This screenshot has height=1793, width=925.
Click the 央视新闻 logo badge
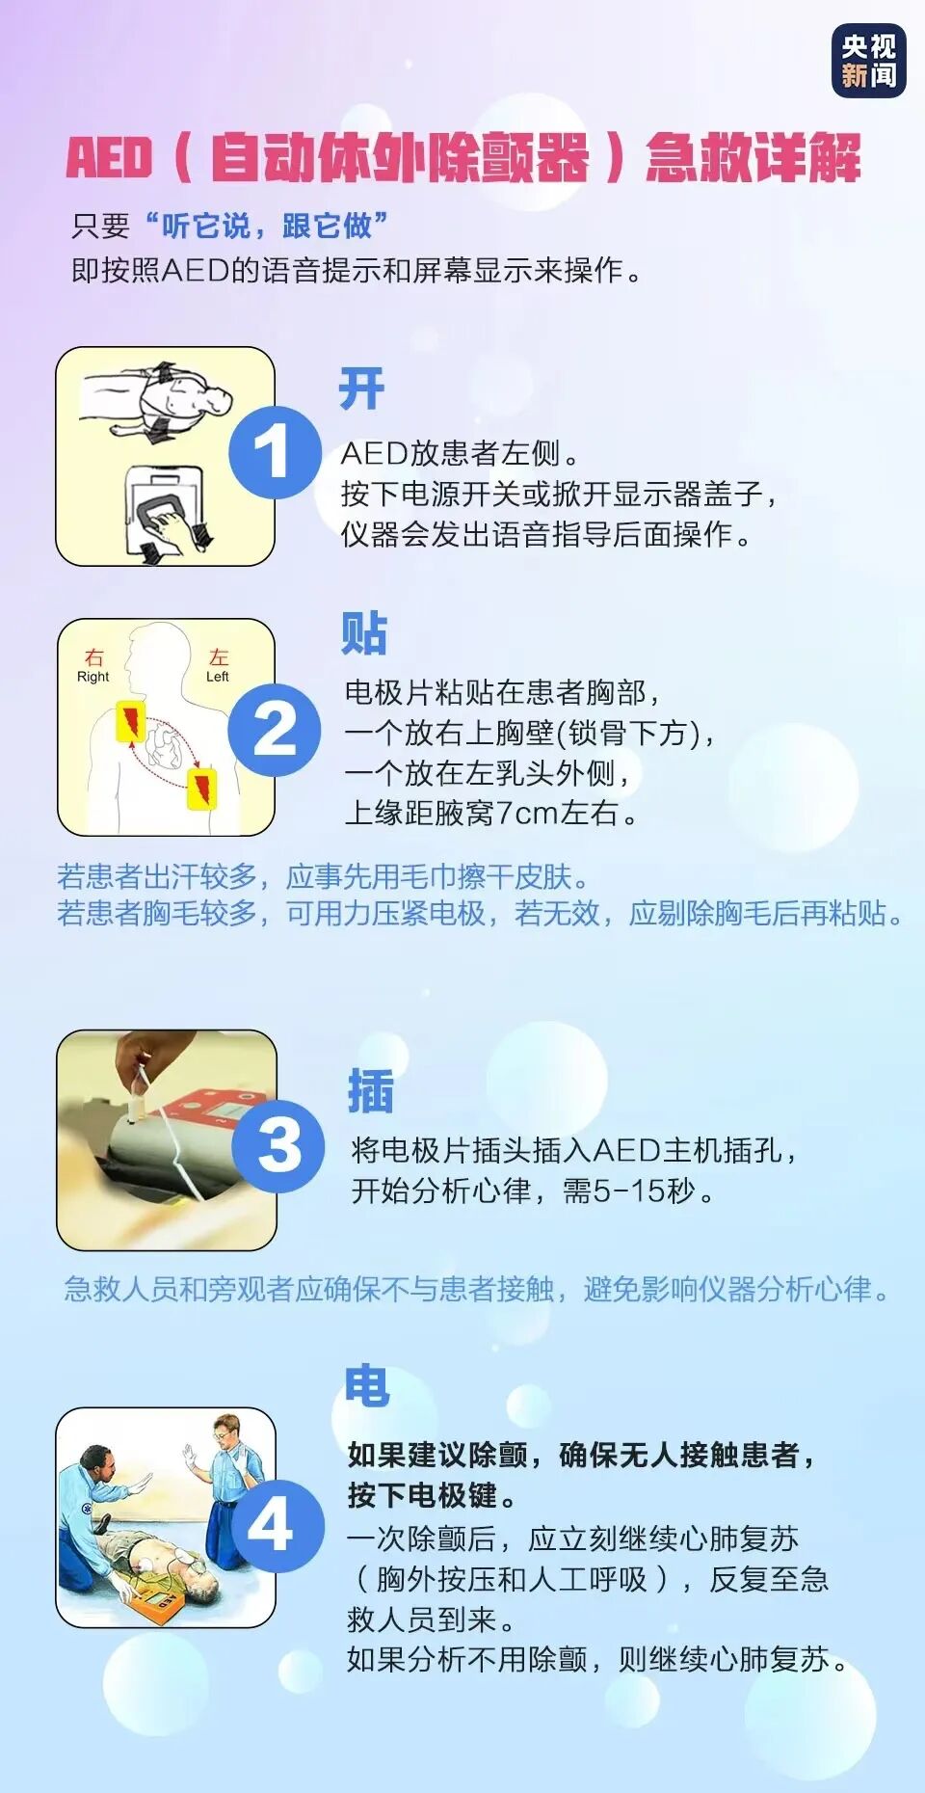click(x=868, y=62)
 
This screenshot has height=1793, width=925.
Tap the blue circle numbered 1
click(x=274, y=453)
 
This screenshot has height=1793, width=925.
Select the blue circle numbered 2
click(x=274, y=729)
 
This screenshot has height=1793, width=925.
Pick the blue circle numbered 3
click(x=278, y=1144)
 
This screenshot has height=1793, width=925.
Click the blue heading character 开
click(x=362, y=389)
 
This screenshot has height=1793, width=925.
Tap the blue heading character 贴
click(x=364, y=633)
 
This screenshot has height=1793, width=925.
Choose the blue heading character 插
click(x=371, y=1091)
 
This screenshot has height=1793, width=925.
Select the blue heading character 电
click(x=367, y=1385)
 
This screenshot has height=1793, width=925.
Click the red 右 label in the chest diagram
click(x=93, y=657)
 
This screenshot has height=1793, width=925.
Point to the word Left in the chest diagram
click(x=218, y=677)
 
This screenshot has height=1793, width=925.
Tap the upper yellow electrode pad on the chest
click(x=130, y=721)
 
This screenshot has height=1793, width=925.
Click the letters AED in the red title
click(x=109, y=158)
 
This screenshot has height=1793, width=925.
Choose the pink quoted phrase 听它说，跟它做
click(x=267, y=226)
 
